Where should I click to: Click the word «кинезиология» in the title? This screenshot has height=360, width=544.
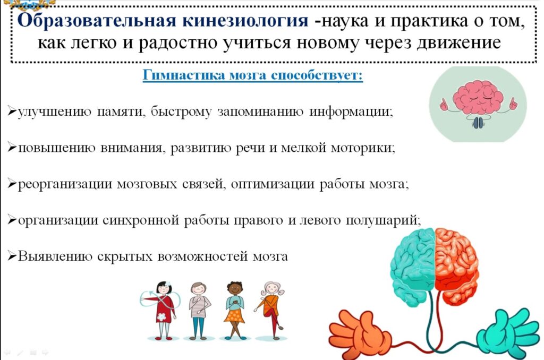pos(245,21)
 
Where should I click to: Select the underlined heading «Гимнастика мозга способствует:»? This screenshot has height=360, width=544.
pos(253,75)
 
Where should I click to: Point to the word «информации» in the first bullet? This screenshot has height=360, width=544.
pos(351,112)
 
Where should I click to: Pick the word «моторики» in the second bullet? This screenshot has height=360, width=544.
pos(363,148)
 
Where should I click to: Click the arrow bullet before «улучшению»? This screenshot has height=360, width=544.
pos(12,112)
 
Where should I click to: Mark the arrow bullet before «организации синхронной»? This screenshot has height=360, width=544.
pos(12,220)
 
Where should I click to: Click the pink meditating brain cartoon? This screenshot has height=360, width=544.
pos(478,103)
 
